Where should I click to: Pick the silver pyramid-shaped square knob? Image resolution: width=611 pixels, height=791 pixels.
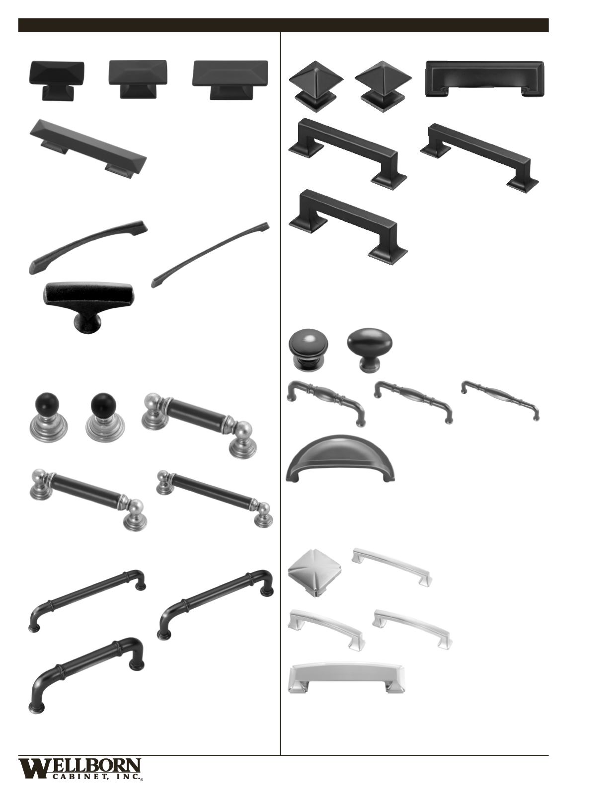[x=314, y=581]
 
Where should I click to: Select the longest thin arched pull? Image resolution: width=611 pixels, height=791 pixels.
[x=211, y=255]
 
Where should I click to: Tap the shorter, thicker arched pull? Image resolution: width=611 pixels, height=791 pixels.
[x=88, y=247]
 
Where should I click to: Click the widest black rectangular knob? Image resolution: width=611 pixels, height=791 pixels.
[x=230, y=80]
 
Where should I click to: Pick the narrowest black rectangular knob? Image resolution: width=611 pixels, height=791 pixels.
[x=57, y=81]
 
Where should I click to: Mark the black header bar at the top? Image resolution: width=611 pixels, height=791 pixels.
[x=283, y=25]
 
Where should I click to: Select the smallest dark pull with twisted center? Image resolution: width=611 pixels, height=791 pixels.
[x=500, y=400]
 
